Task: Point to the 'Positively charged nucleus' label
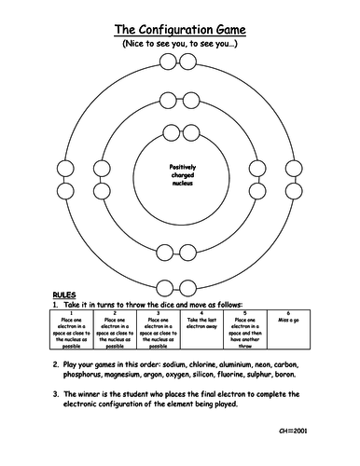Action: tap(182, 174)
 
